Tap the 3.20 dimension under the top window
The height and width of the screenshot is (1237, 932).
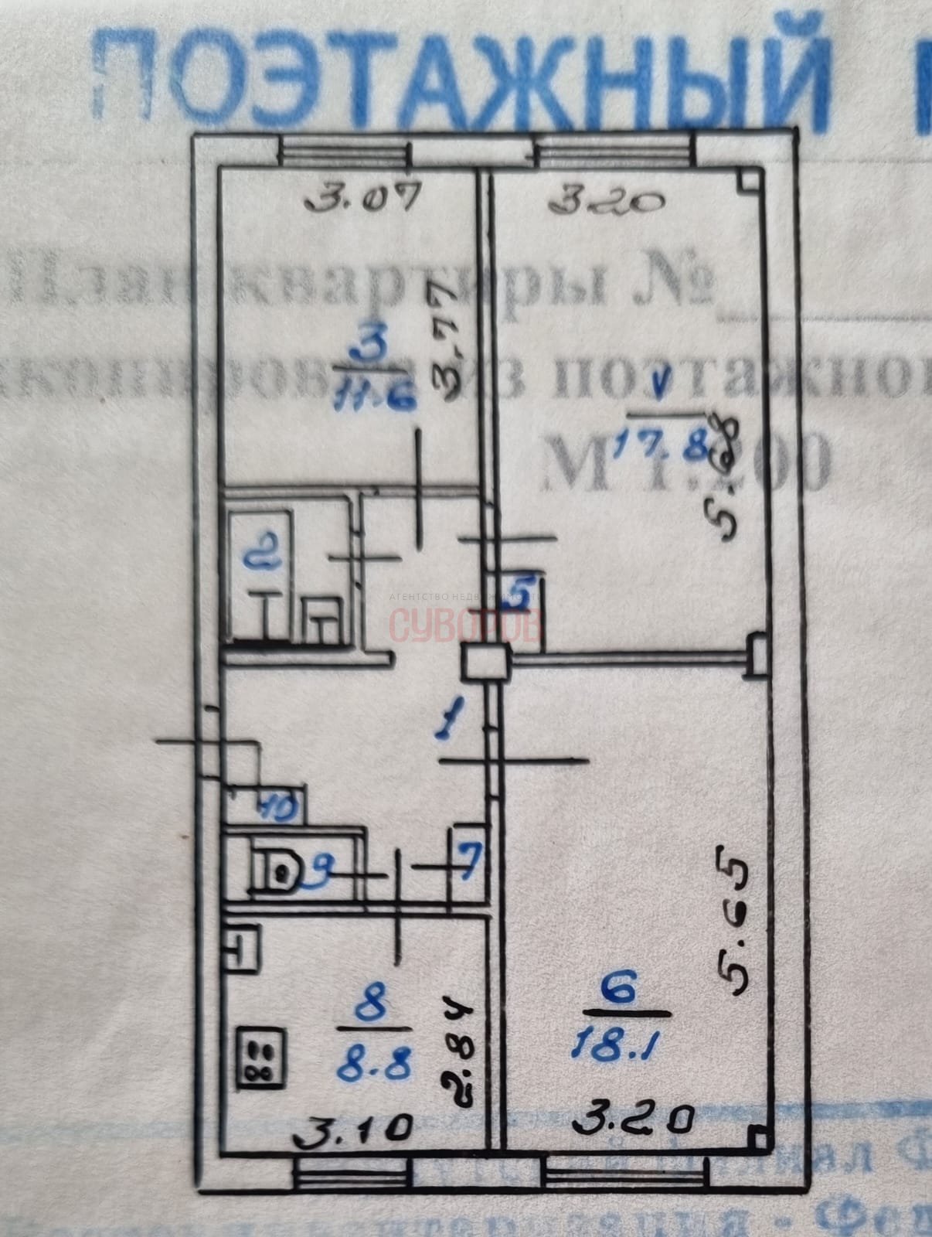pyautogui.click(x=607, y=203)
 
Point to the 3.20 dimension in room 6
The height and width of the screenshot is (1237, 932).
pyautogui.click(x=631, y=1116)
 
